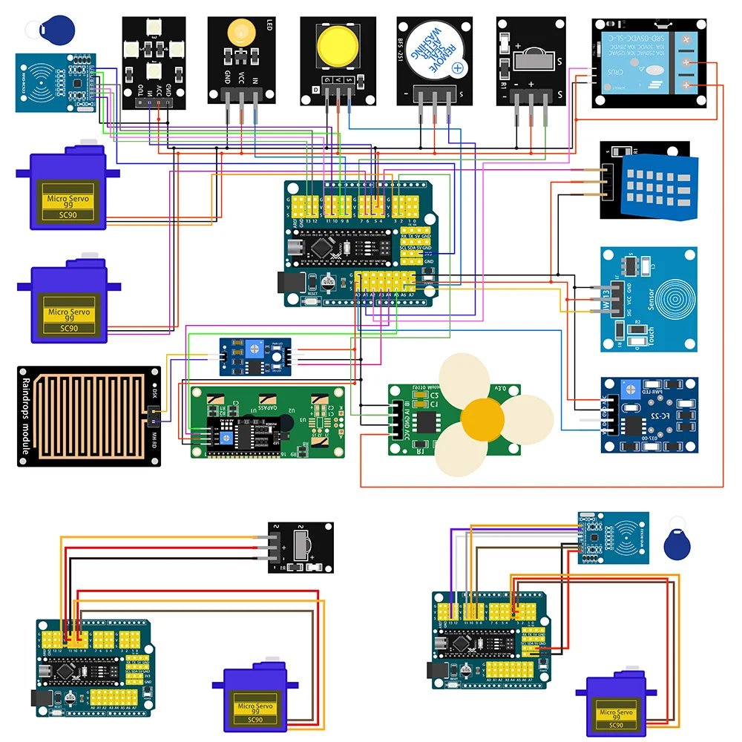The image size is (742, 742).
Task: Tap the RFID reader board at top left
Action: pos(56,82)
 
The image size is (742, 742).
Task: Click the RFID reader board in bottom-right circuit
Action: pos(613,537)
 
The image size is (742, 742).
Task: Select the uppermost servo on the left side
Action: pos(67,189)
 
